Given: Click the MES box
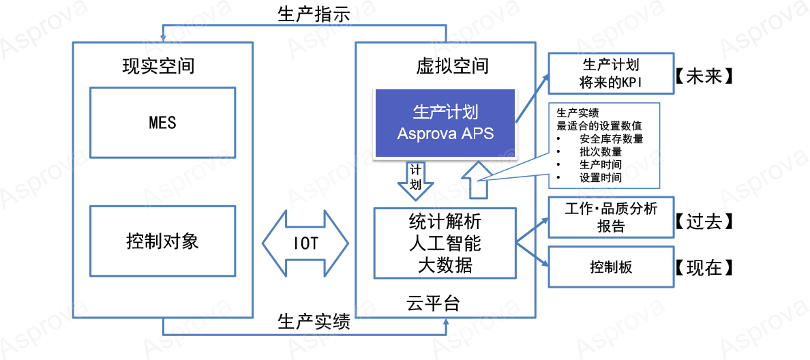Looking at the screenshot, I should pyautogui.click(x=162, y=123).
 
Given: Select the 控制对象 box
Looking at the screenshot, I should pyautogui.click(x=162, y=241).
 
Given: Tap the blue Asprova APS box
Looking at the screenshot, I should pyautogui.click(x=445, y=123).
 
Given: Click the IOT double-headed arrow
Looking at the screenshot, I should pyautogui.click(x=305, y=243).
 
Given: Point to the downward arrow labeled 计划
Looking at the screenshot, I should pyautogui.click(x=415, y=179).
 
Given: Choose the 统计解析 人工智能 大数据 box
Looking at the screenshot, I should pyautogui.click(x=445, y=243).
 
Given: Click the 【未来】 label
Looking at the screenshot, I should pyautogui.click(x=704, y=76).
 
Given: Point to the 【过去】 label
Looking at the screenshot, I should pyautogui.click(x=704, y=222).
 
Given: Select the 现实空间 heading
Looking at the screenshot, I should pyautogui.click(x=158, y=66).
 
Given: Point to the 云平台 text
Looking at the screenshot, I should pyautogui.click(x=433, y=303).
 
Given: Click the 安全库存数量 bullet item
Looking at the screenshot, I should pyautogui.click(x=611, y=139).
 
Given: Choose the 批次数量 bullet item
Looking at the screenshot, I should pyautogui.click(x=600, y=152).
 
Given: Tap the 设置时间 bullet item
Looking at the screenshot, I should pyautogui.click(x=600, y=178).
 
